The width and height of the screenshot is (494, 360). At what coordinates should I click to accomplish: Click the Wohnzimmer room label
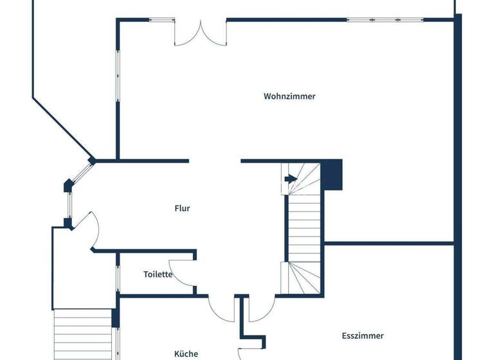(289, 96)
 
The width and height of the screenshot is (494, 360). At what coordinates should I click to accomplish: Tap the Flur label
(183, 208)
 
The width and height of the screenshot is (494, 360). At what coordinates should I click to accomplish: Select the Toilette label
(158, 274)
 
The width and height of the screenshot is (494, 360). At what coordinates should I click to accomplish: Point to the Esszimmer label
(363, 336)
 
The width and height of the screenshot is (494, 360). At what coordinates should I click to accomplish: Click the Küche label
(186, 354)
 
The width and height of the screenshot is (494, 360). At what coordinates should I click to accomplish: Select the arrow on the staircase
(290, 179)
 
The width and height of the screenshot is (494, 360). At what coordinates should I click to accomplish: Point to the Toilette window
(118, 274)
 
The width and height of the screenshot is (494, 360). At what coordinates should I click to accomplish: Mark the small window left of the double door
(161, 20)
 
